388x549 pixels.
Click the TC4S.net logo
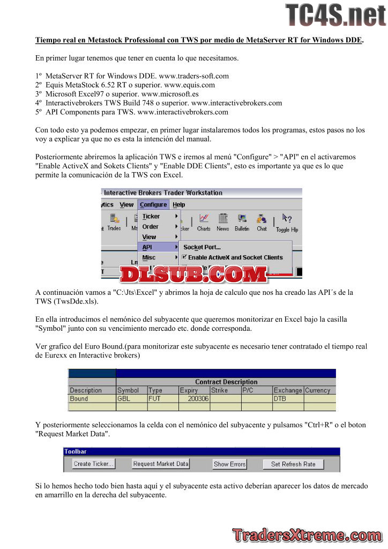[335, 15]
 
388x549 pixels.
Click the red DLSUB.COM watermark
[193, 274]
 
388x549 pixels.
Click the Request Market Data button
[161, 464]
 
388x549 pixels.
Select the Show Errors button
[229, 464]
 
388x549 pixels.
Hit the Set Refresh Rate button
[293, 464]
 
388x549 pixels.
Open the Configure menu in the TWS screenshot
[153, 204]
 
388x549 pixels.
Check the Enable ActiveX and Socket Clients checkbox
[185, 257]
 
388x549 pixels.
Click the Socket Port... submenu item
[202, 247]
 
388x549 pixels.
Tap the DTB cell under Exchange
[280, 399]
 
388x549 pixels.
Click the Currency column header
[317, 390]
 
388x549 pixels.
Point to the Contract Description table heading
[226, 382]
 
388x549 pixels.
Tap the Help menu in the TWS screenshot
[179, 204]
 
